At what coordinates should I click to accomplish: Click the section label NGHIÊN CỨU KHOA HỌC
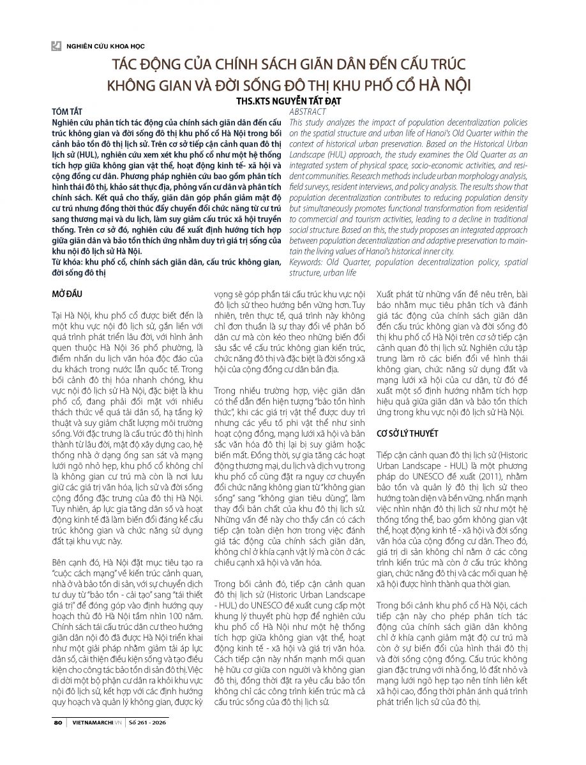100,47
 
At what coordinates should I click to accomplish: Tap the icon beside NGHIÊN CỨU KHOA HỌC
56,46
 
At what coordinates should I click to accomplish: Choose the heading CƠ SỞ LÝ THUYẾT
407,433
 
